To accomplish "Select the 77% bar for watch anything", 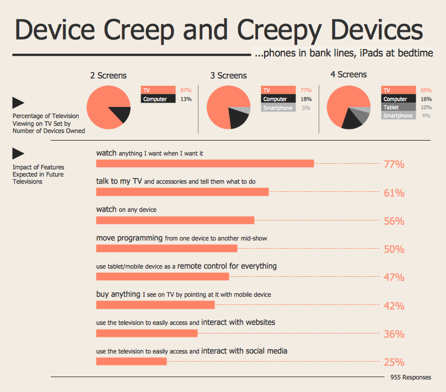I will click(x=205, y=163).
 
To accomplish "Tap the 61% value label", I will click(x=394, y=193).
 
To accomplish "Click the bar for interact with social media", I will click(x=131, y=362).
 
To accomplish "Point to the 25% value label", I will click(x=394, y=362).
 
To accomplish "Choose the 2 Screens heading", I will click(x=108, y=76).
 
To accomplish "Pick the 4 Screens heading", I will click(x=348, y=74).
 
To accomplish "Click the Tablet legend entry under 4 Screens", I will click(x=391, y=108).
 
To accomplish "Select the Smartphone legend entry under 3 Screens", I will click(x=278, y=108).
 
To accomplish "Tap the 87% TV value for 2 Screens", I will click(x=185, y=90).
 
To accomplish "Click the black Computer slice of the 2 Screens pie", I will click(x=121, y=114).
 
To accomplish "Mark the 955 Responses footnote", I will click(x=410, y=377).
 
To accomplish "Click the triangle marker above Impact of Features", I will click(x=18, y=154).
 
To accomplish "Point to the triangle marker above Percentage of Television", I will click(x=18, y=102).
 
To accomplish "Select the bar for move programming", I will click(x=166, y=249).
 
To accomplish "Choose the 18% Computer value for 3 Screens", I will click(x=306, y=99).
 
